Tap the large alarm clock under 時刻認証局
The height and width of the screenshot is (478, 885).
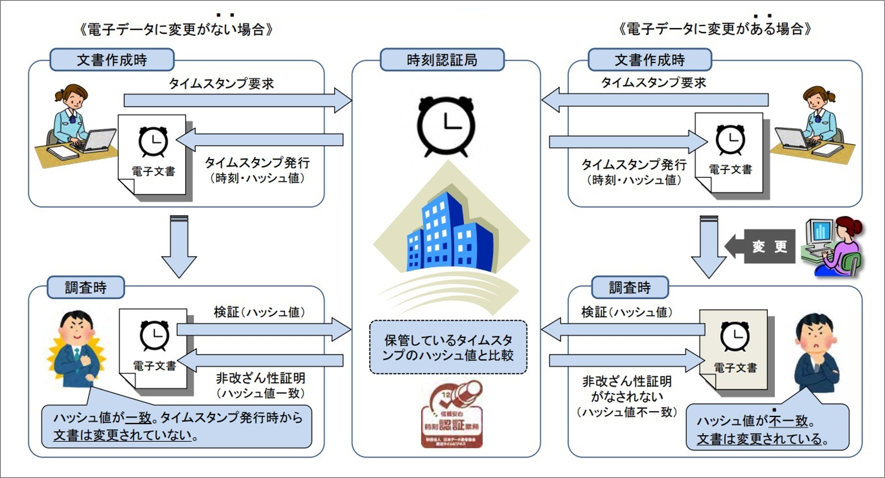(446, 126)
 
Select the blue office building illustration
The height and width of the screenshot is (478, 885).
(450, 234)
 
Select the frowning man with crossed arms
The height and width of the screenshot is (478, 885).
(816, 354)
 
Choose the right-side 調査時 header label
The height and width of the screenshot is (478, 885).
(630, 287)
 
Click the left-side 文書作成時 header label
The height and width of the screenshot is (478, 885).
(112, 60)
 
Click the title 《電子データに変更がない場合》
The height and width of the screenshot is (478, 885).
(176, 29)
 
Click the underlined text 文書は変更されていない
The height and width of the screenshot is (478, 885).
(122, 435)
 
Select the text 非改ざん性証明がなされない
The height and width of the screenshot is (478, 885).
(627, 389)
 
